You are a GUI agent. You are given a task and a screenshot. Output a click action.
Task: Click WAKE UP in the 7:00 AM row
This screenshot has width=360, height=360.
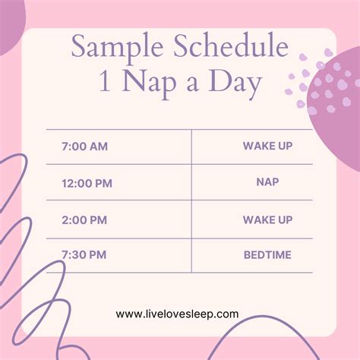[267, 146]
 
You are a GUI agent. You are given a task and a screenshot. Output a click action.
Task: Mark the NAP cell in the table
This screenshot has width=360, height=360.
[267, 182]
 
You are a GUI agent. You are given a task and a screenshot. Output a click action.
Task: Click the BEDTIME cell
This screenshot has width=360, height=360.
[267, 254]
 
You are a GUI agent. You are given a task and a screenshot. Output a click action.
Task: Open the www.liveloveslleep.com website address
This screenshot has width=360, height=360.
[178, 313]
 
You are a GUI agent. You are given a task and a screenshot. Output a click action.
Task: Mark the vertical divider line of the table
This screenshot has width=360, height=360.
[191, 201]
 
